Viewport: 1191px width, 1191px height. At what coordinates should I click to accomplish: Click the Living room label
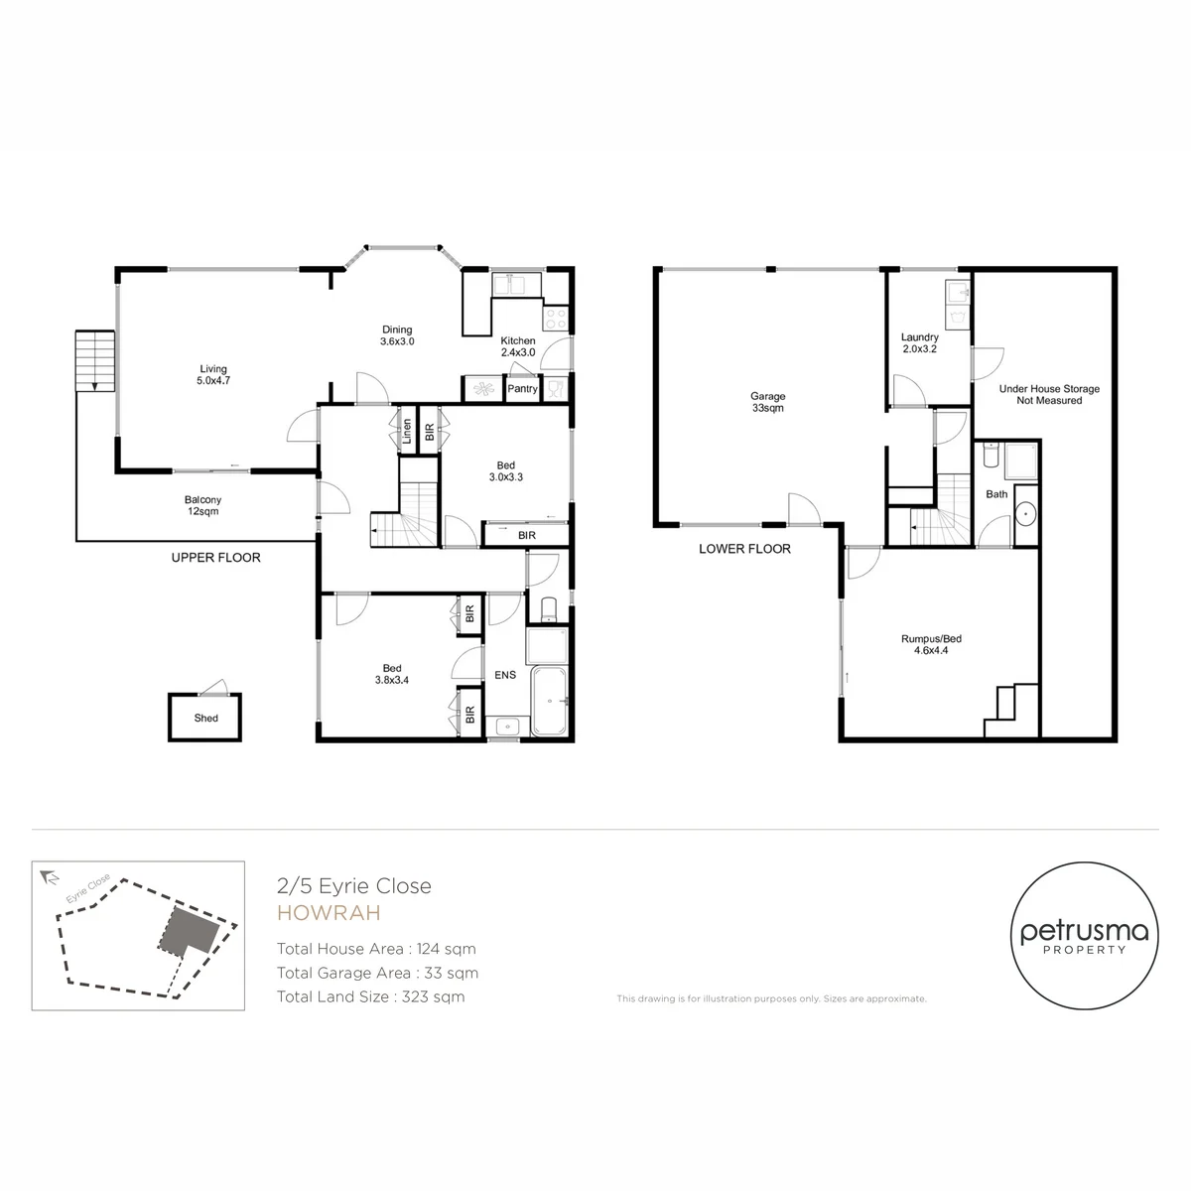click(x=213, y=374)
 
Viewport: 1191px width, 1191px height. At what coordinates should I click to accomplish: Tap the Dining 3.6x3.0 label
click(x=397, y=335)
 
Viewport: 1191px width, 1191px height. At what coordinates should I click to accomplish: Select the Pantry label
click(x=522, y=389)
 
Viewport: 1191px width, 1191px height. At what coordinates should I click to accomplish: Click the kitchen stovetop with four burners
click(x=556, y=319)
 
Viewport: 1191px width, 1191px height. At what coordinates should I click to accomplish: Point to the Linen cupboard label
click(x=407, y=431)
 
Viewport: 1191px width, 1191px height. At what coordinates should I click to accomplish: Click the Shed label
click(x=205, y=718)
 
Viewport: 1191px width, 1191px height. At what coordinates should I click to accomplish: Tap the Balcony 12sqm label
click(x=202, y=505)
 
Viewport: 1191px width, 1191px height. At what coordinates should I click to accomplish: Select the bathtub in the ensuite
click(x=549, y=701)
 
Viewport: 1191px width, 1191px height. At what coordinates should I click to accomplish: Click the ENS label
click(x=505, y=675)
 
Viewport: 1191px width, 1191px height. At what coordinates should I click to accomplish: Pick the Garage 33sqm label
click(x=767, y=402)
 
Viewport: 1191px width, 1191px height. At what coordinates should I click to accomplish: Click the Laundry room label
click(x=920, y=342)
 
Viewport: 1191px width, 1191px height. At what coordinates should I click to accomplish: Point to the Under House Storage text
click(x=1049, y=389)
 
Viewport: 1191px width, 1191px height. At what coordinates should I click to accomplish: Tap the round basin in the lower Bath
click(x=1026, y=514)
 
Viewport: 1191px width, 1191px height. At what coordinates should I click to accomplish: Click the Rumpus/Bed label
click(x=931, y=644)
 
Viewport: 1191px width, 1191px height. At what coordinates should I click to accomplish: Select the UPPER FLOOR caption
click(x=215, y=558)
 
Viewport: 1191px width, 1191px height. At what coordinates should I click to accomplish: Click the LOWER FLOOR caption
click(x=744, y=549)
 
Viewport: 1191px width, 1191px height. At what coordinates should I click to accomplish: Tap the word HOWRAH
click(x=329, y=913)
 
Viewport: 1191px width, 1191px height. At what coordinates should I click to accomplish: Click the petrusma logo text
click(x=1084, y=931)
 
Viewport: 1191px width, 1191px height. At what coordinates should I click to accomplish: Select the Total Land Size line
click(x=371, y=996)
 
